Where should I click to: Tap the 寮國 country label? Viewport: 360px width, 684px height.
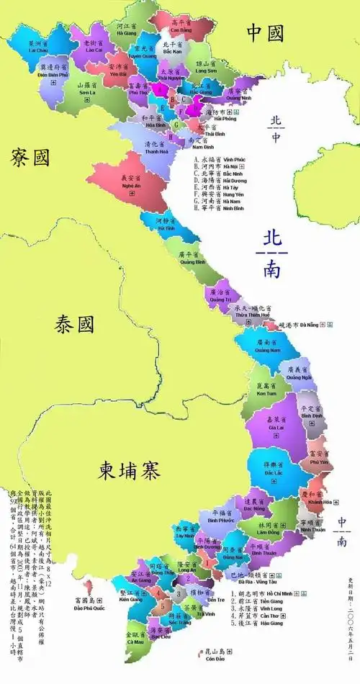pyautogui.click(x=30, y=157)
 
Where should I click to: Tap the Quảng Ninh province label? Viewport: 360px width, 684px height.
pyautogui.click(x=238, y=96)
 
